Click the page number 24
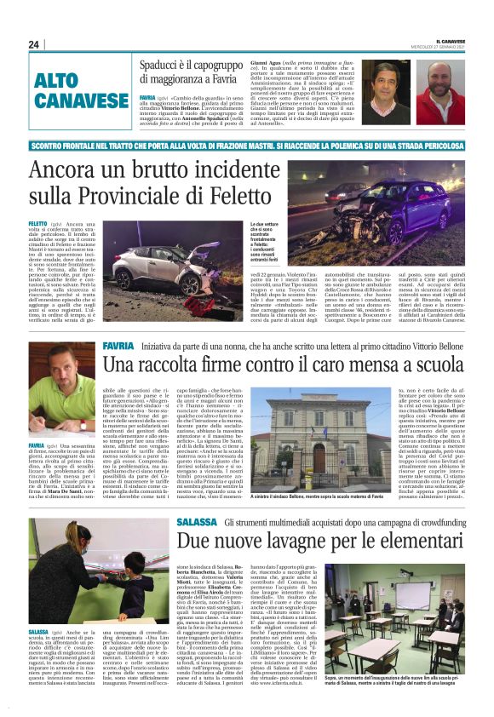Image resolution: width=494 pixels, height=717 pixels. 34,44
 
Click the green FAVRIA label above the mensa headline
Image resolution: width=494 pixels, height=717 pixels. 118,347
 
